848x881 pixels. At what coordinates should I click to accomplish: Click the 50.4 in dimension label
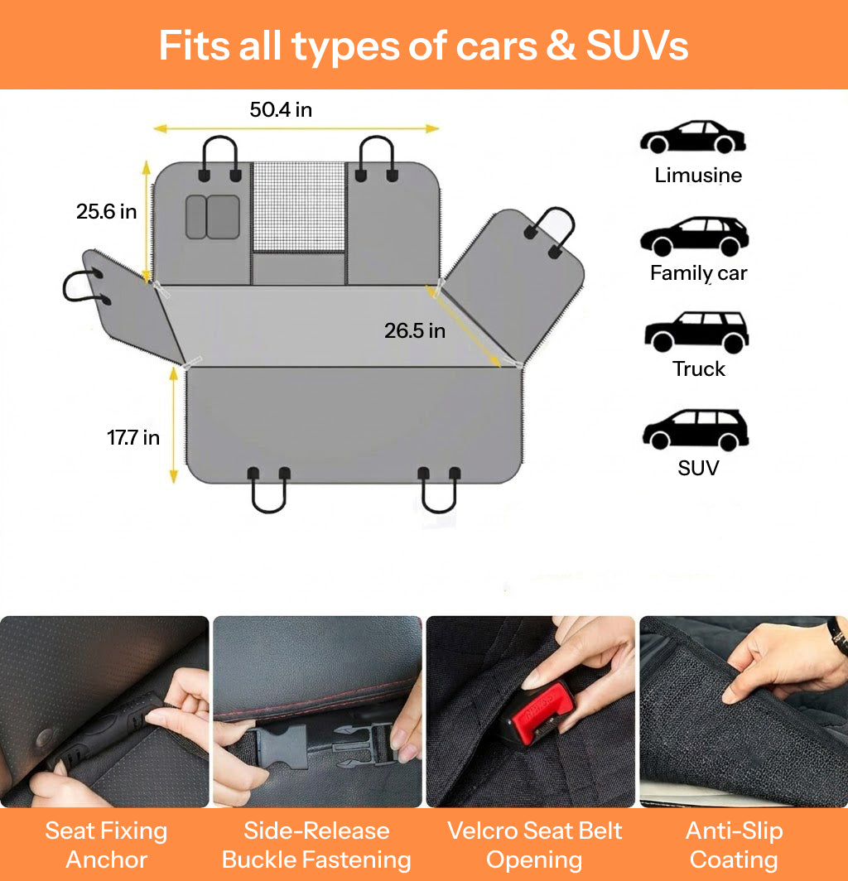click(281, 109)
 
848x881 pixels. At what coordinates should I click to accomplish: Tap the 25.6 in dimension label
click(106, 212)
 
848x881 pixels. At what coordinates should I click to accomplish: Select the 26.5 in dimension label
click(415, 331)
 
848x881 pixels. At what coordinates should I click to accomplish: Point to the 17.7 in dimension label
click(133, 438)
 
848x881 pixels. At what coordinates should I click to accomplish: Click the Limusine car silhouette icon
click(693, 137)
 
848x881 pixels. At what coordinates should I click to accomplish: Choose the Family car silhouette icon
click(694, 236)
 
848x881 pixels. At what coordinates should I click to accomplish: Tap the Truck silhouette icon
click(696, 331)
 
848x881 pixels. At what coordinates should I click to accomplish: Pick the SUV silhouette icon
click(696, 430)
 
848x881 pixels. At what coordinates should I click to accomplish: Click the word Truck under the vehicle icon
click(698, 369)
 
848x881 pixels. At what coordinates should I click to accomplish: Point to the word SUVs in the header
click(638, 46)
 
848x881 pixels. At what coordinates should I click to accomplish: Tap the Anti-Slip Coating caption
click(734, 845)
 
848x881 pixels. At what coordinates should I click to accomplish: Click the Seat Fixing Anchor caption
click(106, 845)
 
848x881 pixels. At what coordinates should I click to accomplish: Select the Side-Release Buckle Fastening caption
click(316, 845)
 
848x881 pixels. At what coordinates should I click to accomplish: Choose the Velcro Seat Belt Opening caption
click(534, 845)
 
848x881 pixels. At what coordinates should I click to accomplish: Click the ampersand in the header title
click(561, 46)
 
